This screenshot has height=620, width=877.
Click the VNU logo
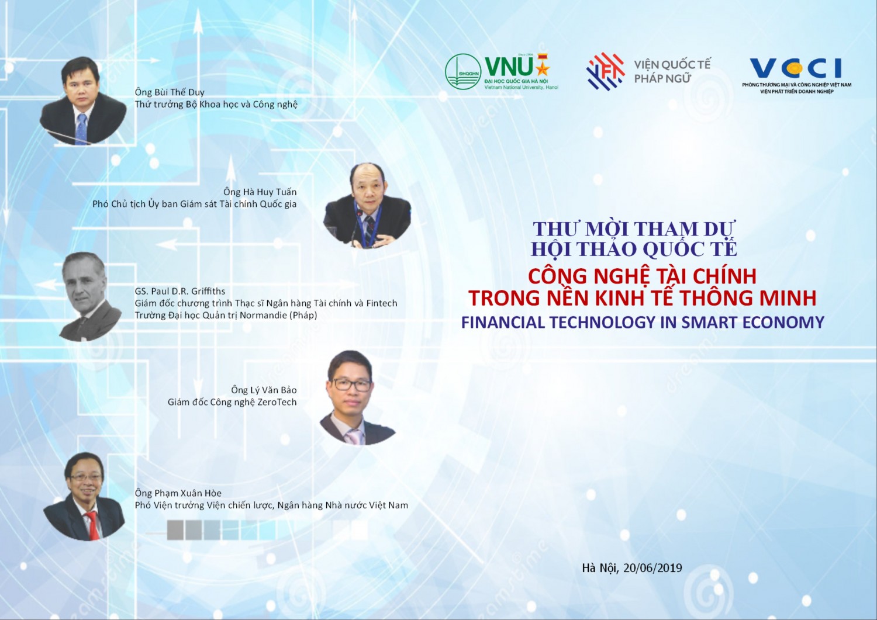502,71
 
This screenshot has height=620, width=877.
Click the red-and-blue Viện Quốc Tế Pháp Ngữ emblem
605,71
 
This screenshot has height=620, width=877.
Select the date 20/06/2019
652,567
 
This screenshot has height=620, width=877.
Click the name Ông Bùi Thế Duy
170,92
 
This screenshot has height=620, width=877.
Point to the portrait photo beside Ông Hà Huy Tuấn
367,206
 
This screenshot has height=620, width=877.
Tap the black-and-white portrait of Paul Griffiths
90,297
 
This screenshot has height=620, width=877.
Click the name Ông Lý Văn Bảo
264,390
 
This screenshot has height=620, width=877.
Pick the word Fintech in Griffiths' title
382,303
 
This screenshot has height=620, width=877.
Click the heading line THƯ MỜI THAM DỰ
634,228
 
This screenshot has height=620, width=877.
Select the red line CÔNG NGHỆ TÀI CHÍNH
642,276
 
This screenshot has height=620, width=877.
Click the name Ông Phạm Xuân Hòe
178,493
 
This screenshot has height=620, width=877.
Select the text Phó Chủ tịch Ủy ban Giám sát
157,204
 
